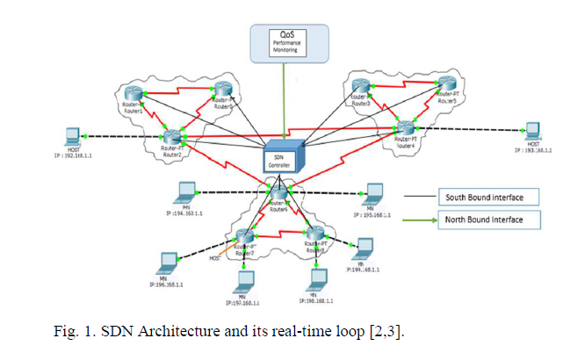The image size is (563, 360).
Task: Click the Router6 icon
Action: (278, 194)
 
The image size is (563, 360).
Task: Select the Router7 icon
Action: (245, 236)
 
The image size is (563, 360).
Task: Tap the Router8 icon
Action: (316, 234)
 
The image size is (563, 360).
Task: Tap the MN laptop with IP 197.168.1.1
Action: (243, 282)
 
